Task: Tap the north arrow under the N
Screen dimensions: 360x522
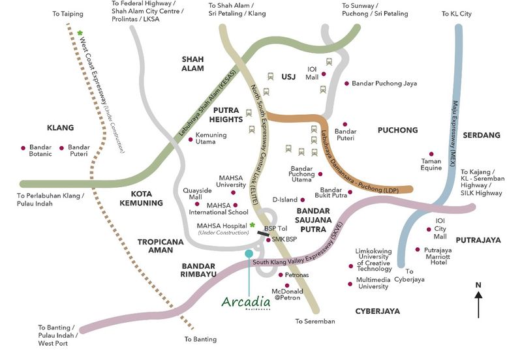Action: coord(478,304)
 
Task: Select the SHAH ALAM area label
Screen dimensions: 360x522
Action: coord(192,63)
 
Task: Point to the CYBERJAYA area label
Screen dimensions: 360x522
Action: coord(378,311)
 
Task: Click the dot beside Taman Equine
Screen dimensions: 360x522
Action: coord(431,154)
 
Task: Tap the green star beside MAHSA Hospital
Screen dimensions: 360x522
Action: coord(253,226)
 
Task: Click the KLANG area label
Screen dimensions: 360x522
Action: coord(61,128)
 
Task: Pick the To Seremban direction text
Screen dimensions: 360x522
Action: coord(315,322)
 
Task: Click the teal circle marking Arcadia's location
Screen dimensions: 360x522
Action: coord(249,253)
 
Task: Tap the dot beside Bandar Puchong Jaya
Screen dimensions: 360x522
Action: coord(346,83)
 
